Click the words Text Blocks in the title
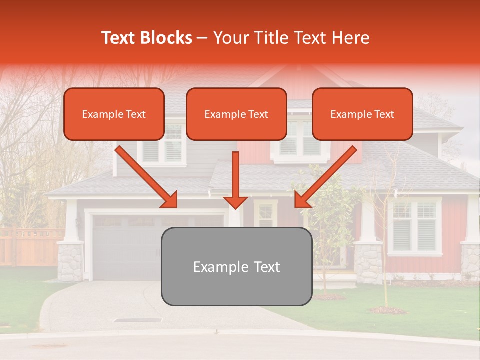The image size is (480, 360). click(x=146, y=38)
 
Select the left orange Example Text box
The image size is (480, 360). click(x=114, y=114)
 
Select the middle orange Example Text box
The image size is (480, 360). click(x=236, y=114)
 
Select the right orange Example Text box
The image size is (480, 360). click(x=362, y=114)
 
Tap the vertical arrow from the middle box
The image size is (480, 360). click(x=235, y=180)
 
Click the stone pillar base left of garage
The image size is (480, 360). click(x=70, y=261)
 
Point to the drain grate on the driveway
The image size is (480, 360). click(x=138, y=320)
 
